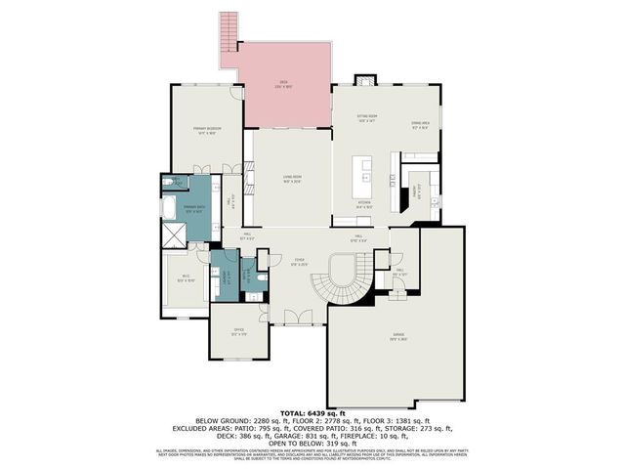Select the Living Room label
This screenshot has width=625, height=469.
click(292, 178)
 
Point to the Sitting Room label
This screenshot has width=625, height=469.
click(366, 118)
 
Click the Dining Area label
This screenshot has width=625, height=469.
click(421, 124)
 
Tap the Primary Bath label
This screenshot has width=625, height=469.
click(193, 208)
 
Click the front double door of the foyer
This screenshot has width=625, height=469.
click(293, 317)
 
